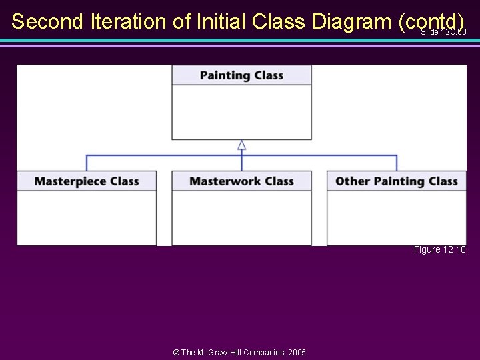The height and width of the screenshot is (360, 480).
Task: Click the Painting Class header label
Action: click(x=241, y=75)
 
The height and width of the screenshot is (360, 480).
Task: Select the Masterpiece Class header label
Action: click(x=87, y=181)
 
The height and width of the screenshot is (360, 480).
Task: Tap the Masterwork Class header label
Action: click(x=241, y=181)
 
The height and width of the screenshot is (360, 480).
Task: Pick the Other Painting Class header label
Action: click(x=396, y=181)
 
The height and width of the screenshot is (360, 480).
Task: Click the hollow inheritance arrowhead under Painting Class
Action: click(x=242, y=145)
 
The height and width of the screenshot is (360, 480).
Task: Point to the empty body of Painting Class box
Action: click(x=241, y=112)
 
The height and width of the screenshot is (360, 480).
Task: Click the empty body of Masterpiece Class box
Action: click(x=87, y=218)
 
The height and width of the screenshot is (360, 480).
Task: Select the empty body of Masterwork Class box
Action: click(x=241, y=218)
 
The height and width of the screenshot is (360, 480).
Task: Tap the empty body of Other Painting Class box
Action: click(x=396, y=218)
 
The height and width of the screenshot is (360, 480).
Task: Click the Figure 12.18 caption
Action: click(x=439, y=249)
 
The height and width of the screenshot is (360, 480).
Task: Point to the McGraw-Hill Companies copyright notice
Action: click(x=239, y=352)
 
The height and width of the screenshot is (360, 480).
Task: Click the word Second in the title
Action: click(x=47, y=21)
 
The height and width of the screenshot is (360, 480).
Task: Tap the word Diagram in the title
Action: click(x=350, y=21)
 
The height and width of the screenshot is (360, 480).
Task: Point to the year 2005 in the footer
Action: click(x=296, y=352)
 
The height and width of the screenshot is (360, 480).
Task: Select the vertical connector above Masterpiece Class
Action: click(x=87, y=163)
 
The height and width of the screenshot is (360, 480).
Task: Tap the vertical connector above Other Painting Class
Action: click(x=397, y=163)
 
